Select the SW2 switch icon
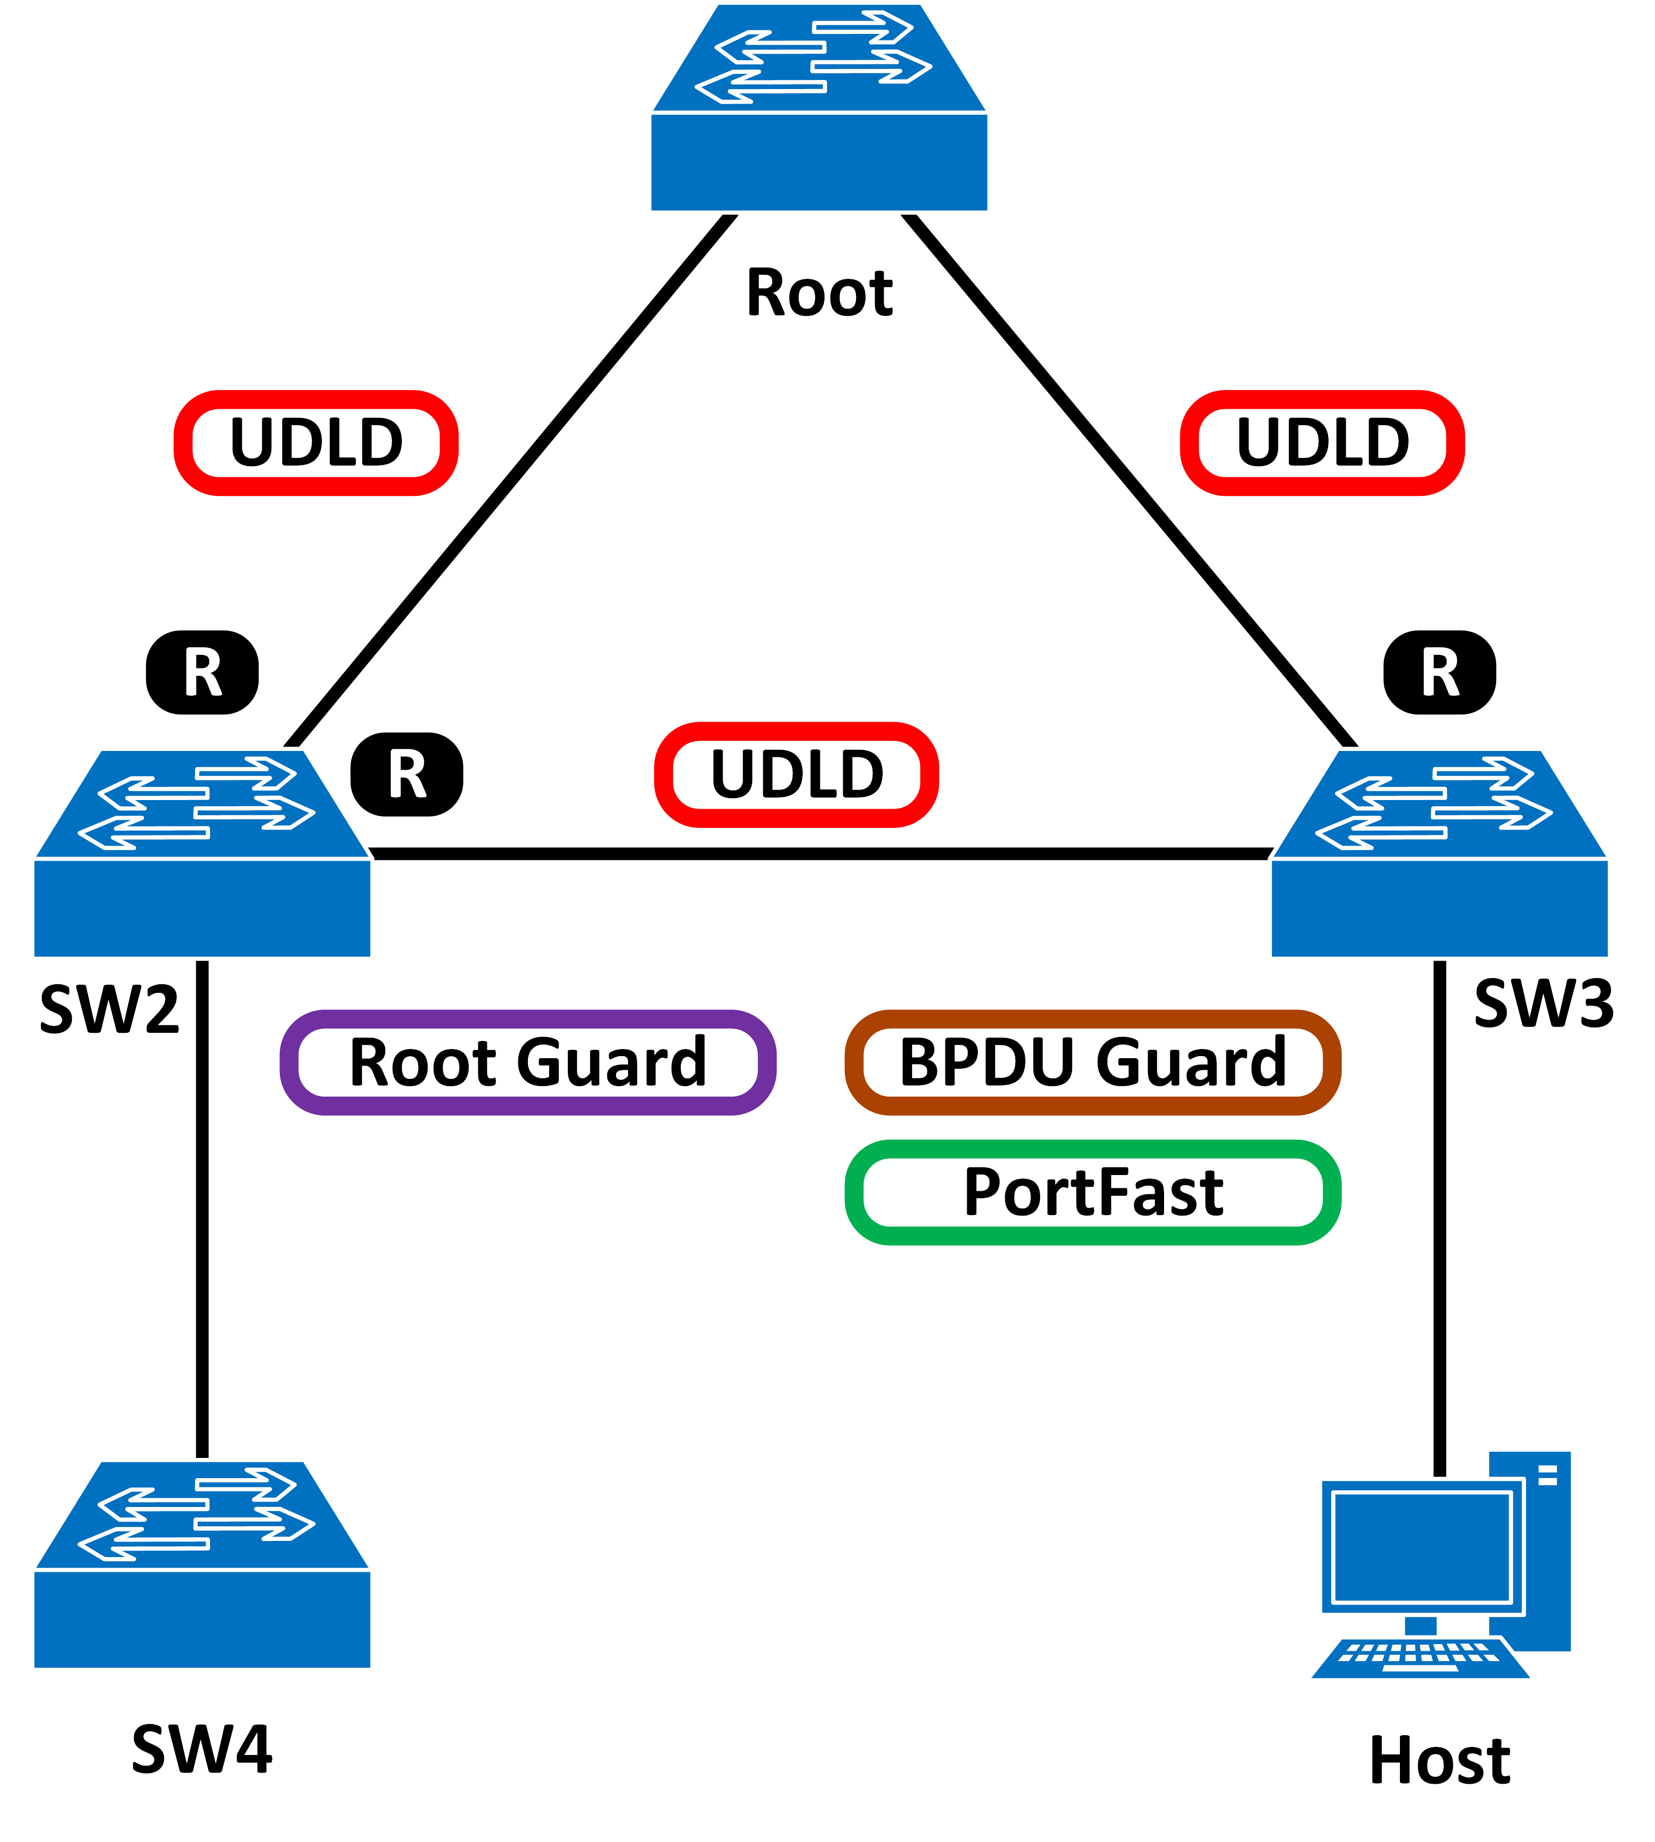click(x=202, y=855)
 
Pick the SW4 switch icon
click(x=202, y=1566)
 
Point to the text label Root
click(x=819, y=293)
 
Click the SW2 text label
click(x=109, y=1009)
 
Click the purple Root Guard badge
click(x=527, y=1062)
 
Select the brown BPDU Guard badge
click(x=1092, y=1062)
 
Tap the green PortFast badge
click(x=1092, y=1192)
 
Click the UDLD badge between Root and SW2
click(x=315, y=443)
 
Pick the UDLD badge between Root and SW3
click(x=1322, y=443)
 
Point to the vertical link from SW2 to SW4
click(x=202, y=1209)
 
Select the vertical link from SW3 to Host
click(x=1439, y=1209)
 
